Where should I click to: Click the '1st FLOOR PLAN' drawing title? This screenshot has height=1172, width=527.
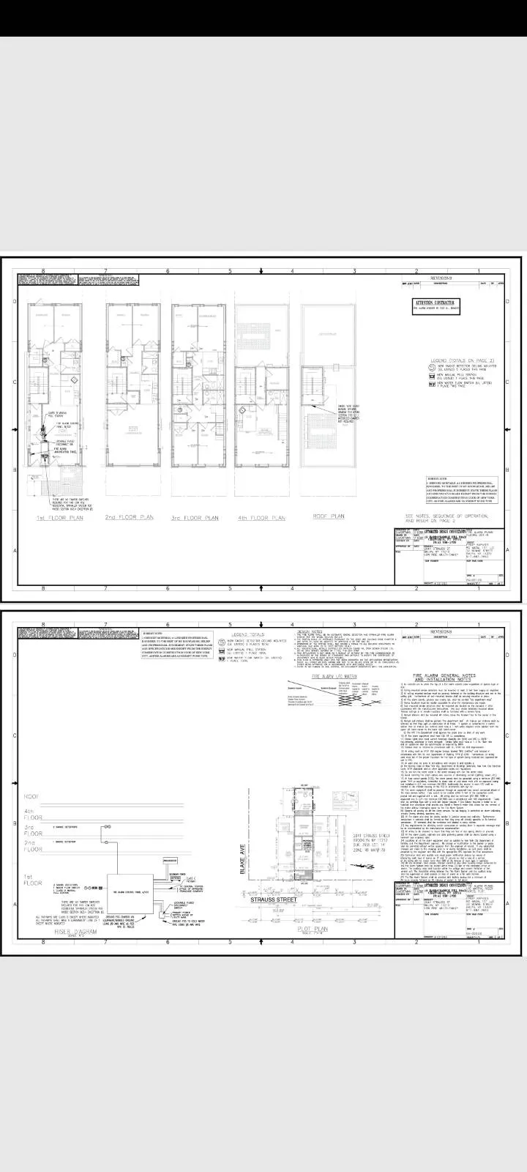click(60, 518)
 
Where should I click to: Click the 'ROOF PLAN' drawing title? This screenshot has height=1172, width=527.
click(328, 516)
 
